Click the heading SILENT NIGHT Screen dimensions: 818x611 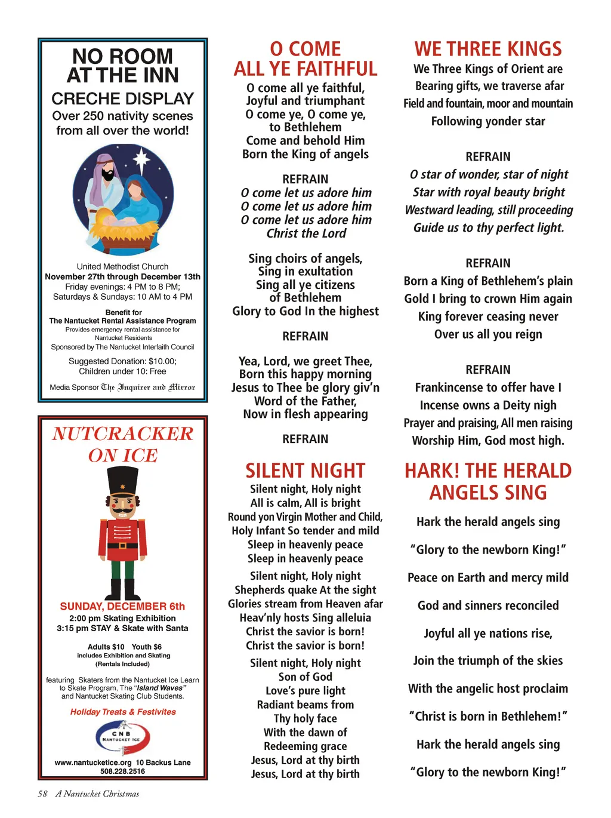pos(305,470)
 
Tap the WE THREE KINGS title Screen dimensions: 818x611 pos(488,49)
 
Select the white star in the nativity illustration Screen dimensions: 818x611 pos(141,158)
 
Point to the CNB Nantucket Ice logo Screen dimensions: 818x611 pos(122,737)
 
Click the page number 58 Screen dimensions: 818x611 pos(42,794)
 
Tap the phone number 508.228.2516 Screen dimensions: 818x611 pos(122,771)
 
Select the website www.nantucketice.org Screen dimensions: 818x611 pos(93,762)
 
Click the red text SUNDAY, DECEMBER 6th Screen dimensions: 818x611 pos(122,606)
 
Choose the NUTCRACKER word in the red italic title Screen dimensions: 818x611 pos(122,433)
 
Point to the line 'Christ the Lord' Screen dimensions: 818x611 pos(305,233)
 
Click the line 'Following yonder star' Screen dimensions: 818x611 pos(488,121)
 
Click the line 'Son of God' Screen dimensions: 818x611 pos(305,676)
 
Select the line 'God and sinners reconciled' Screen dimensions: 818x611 pos(488,605)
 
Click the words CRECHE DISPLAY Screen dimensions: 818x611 pos(122,98)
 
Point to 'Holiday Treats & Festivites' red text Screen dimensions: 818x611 pos(123,712)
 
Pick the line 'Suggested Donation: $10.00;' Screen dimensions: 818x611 pos(122,361)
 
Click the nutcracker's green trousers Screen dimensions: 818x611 pos(122,569)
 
